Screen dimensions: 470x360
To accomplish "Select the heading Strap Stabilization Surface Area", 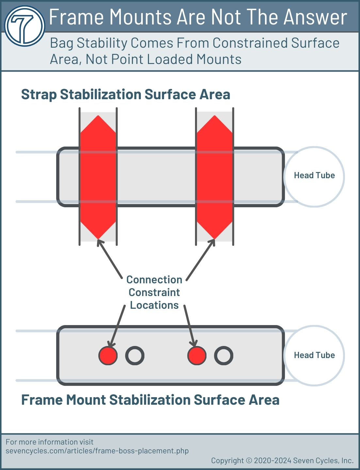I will pos(125,95).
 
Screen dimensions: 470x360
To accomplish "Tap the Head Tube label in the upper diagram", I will pos(314,176).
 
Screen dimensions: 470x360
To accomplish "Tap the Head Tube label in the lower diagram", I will pos(314,355).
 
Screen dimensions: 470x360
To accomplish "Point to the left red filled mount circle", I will pos(108,355).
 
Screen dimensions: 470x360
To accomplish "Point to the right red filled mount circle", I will pos(197,355).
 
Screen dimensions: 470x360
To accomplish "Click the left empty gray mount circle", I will pos(135,355).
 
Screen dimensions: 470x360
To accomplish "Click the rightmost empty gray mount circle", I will pos(224,355).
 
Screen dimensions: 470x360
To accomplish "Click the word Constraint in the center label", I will pos(154,292).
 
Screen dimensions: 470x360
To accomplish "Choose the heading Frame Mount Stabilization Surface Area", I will pos(150,400).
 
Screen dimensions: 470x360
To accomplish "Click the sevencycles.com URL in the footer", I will pos(97,451).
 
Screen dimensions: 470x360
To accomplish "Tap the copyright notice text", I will pos(282,461).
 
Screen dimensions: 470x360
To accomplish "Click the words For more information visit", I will pos(50,442).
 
